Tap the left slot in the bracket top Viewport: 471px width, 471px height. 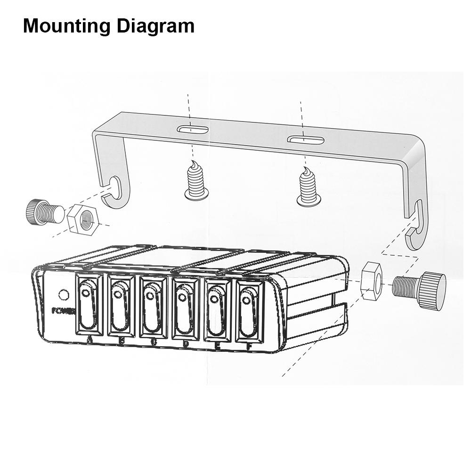[x=193, y=129]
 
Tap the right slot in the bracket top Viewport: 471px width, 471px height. [x=306, y=140]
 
